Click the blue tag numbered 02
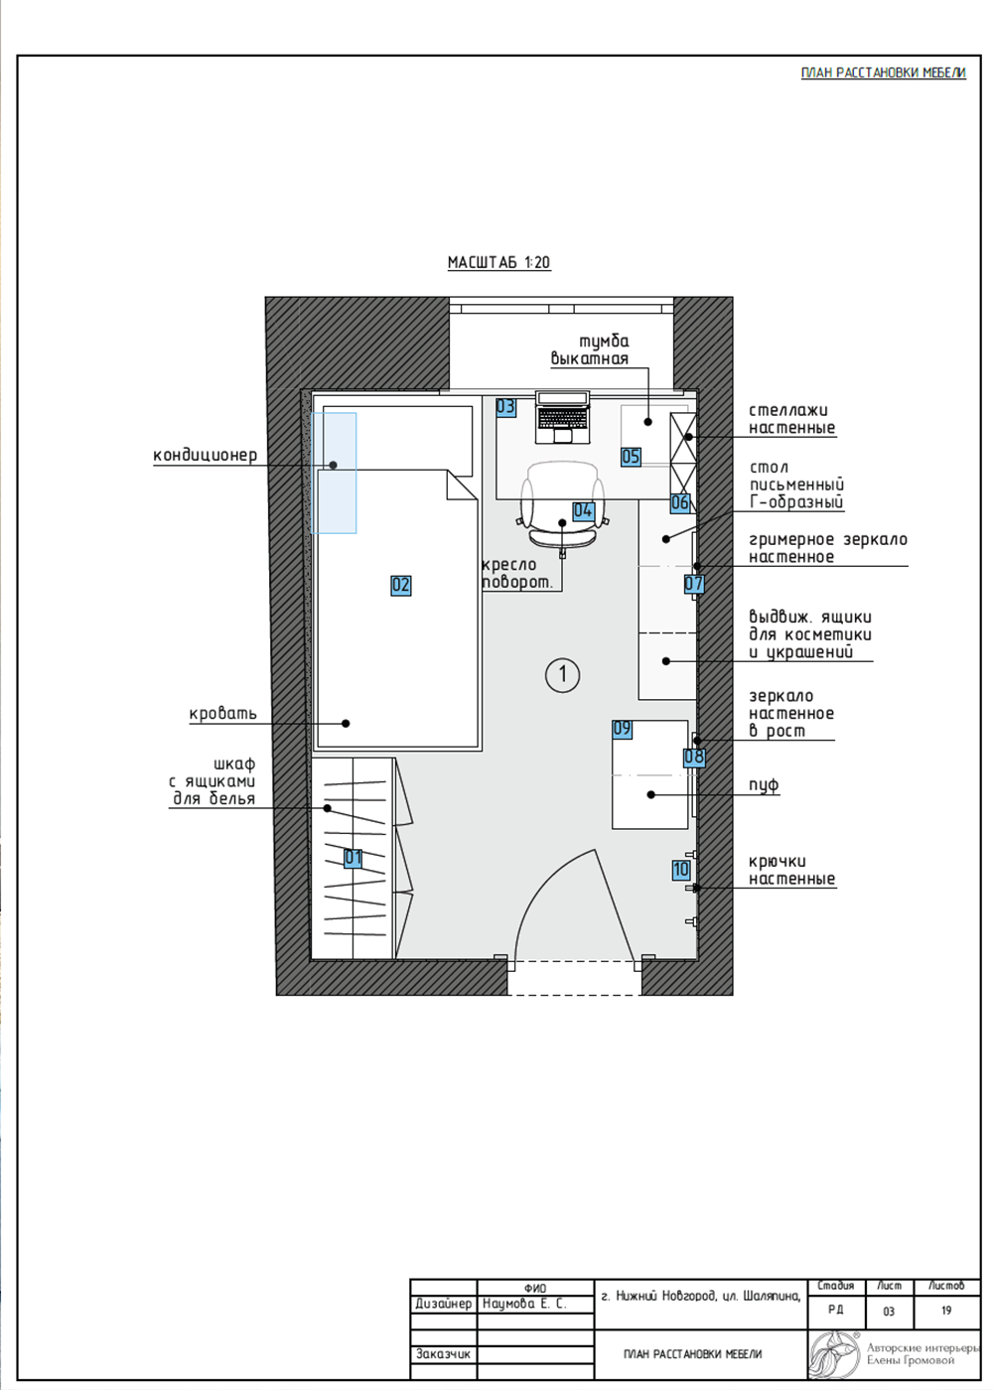click(400, 585)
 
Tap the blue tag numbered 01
click(354, 858)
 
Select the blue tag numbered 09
click(622, 729)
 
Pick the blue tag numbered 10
click(681, 870)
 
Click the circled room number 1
click(562, 674)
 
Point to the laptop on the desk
click(562, 417)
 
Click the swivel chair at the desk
click(562, 505)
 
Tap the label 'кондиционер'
click(205, 455)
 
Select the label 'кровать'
click(222, 714)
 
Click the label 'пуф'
click(764, 785)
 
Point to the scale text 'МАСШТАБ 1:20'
click(498, 262)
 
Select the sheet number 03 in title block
click(889, 1312)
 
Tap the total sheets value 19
click(945, 1311)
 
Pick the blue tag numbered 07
click(694, 584)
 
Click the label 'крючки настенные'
click(792, 870)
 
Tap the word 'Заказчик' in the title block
click(443, 1354)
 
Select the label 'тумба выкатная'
click(590, 349)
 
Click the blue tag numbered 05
click(631, 457)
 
